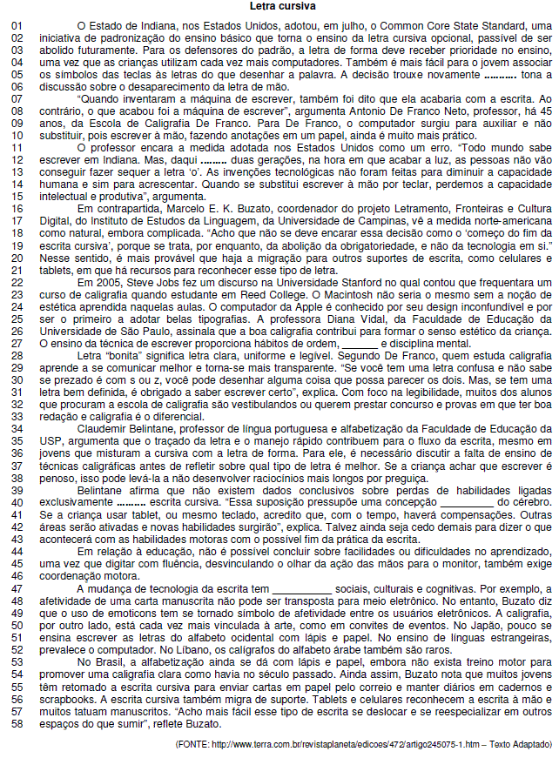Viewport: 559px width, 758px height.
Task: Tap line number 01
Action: click(x=16, y=27)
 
